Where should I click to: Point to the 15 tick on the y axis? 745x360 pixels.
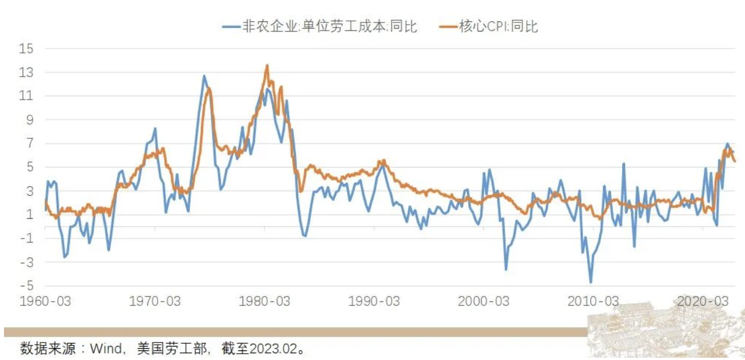tap(27, 49)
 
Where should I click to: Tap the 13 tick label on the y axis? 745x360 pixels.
tap(27, 73)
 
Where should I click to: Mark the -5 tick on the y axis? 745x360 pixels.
tap(27, 285)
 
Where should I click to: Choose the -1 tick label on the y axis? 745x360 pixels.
tap(27, 238)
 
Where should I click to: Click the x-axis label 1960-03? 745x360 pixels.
tap(45, 301)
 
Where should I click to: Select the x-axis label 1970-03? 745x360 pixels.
tap(155, 301)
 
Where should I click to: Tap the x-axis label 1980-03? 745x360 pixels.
tap(264, 301)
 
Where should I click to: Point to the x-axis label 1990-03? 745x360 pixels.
tap(374, 301)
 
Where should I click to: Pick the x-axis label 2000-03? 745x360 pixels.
tap(483, 301)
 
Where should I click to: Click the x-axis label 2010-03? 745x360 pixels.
tap(593, 301)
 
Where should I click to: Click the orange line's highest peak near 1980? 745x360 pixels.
tap(267, 65)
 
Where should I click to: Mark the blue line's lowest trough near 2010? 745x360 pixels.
tap(591, 282)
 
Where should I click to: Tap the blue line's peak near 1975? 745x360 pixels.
tap(204, 75)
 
